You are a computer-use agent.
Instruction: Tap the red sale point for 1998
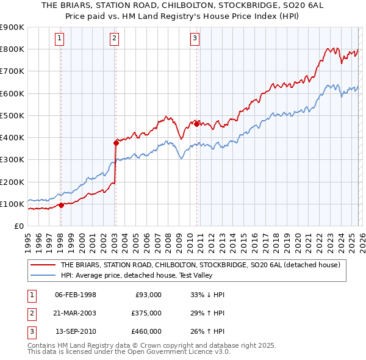(x=61, y=205)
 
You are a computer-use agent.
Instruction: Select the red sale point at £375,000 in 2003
(x=115, y=143)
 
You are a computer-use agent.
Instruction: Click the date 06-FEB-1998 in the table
(x=76, y=295)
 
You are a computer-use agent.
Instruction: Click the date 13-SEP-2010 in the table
(x=76, y=331)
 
